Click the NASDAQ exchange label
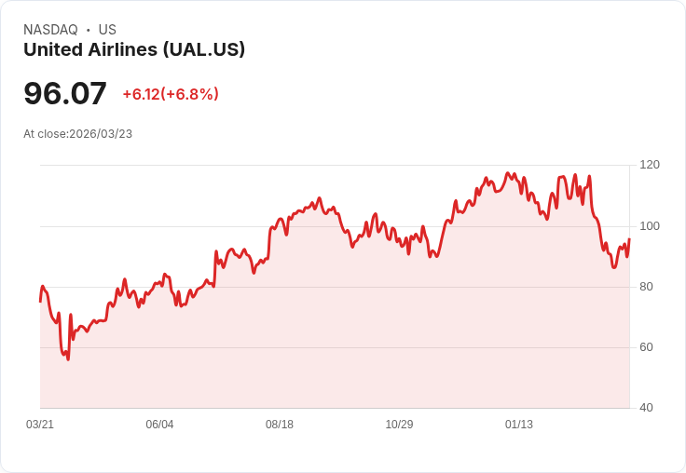pos(50,30)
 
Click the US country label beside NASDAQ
pos(107,30)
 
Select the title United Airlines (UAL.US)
pos(134,49)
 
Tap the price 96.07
pos(65,93)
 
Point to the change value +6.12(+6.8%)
pos(171,94)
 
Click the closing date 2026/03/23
pos(101,134)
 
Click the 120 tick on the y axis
pos(650,165)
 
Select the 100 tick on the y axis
pos(650,226)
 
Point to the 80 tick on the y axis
pos(647,287)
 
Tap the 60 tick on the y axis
pos(647,347)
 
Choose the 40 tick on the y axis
pos(647,408)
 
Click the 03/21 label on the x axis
pos(40,425)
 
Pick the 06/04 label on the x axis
pos(159,425)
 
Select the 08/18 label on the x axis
pos(280,425)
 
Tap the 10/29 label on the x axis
pos(399,425)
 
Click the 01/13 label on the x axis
pos(519,425)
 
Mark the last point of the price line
pos(629,239)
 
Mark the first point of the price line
pos(40,302)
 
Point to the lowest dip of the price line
pos(68,359)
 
